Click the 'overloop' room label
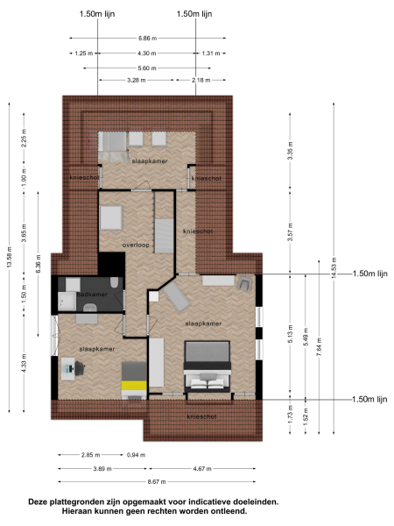136,245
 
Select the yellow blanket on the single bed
133,384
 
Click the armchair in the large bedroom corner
245,283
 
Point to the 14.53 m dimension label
334,274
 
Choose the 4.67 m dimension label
205,469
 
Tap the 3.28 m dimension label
136,80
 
